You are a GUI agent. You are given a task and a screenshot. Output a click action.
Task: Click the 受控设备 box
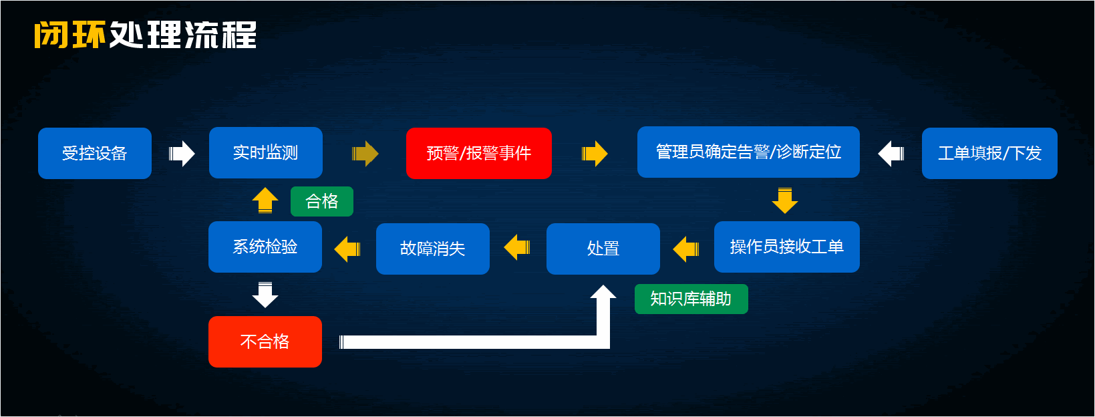pos(95,153)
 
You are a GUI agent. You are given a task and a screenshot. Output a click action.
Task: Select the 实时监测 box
pos(265,152)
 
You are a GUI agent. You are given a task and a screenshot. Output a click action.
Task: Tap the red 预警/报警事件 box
pos(478,153)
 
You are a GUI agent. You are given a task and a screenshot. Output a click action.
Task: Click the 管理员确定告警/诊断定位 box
pos(748,152)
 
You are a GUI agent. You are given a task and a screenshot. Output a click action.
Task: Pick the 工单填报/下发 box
pos(989,153)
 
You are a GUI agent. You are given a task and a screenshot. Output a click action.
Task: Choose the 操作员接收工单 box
pos(786,247)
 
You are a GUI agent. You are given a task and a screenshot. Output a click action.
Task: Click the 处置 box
pos(603,249)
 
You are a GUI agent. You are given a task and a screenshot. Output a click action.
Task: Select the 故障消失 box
pos(432,249)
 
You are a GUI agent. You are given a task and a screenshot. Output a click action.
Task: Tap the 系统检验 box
pos(265,247)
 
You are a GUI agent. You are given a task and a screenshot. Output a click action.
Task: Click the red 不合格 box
pos(265,341)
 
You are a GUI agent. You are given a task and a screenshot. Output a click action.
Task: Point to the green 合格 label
pos(321,201)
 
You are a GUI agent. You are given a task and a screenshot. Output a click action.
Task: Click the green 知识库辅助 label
pos(691,299)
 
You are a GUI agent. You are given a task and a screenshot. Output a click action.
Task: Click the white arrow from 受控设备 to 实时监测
pos(182,154)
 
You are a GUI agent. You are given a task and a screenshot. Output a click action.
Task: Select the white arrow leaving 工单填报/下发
pos(891,153)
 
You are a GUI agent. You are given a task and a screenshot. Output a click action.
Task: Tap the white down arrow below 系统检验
pos(265,295)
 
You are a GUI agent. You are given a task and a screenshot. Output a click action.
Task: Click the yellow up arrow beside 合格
pos(265,200)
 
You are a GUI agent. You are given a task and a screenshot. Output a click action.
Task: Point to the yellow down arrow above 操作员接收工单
pos(785,200)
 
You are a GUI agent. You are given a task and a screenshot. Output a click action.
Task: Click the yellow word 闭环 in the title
pos(70,35)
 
